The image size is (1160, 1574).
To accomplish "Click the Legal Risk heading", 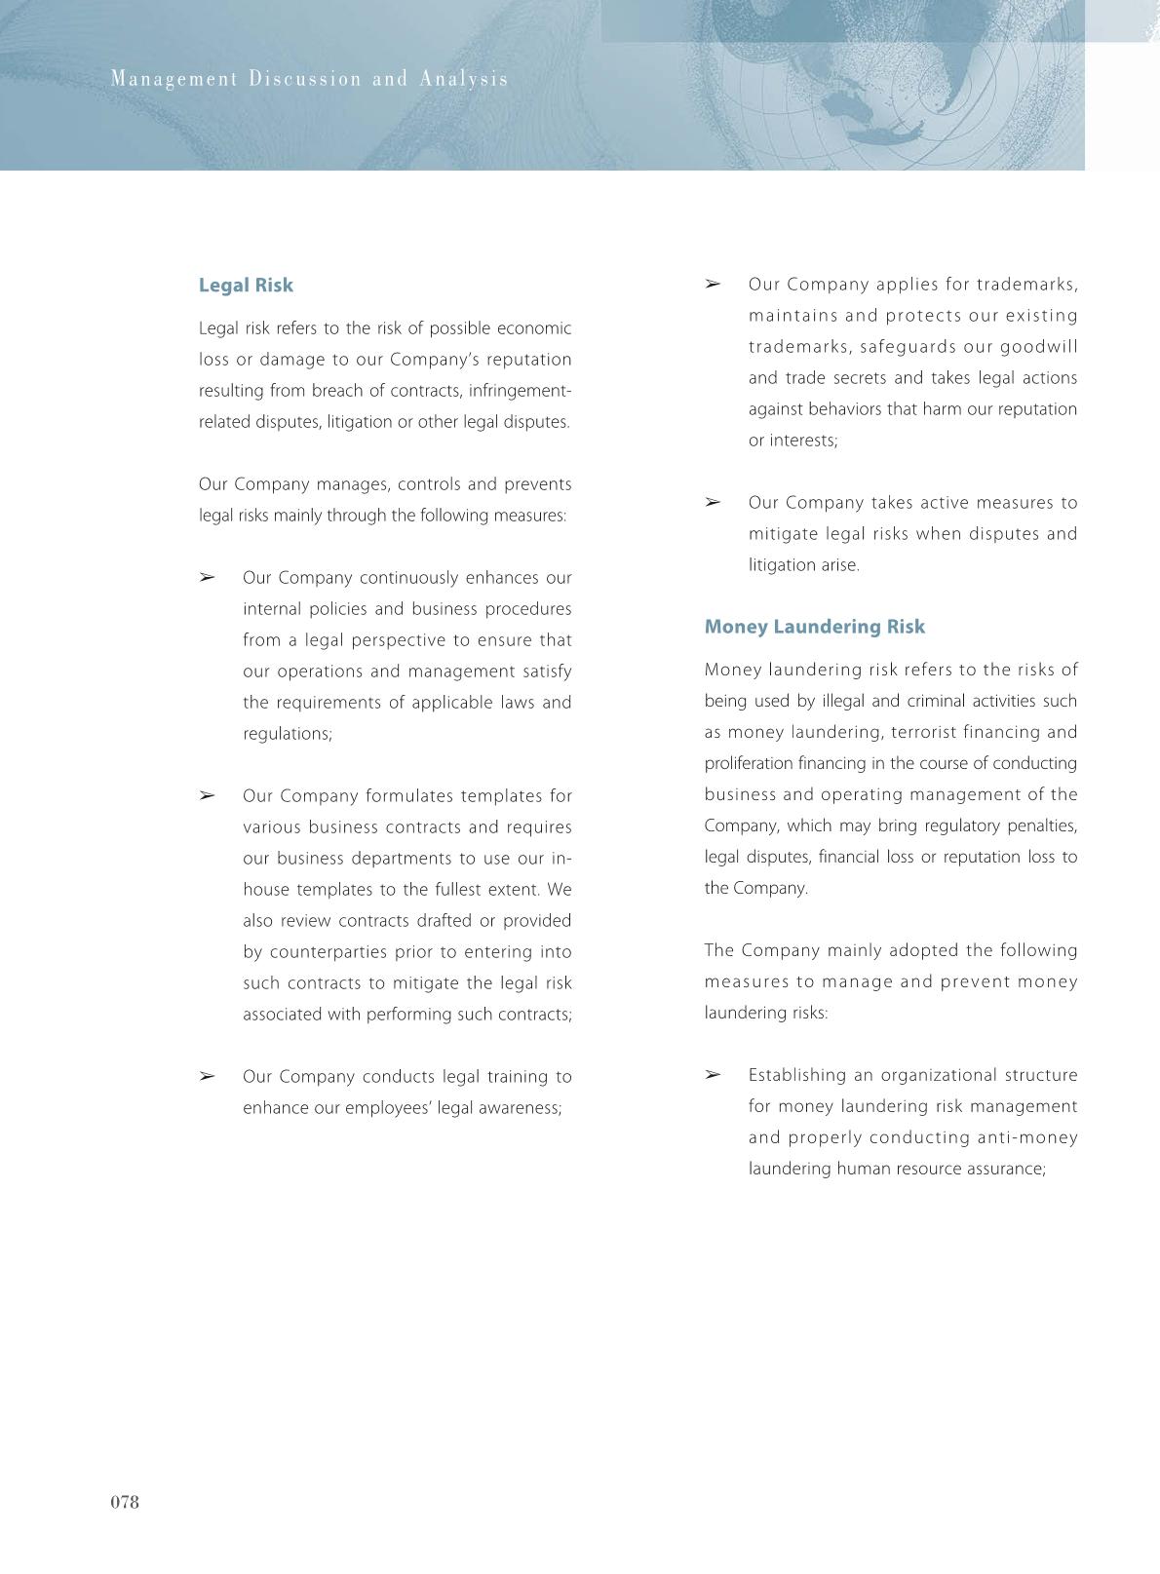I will coord(246,286).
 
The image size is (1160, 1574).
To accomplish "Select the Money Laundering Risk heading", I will coord(814,627).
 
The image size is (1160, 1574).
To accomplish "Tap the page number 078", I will coord(125,1502).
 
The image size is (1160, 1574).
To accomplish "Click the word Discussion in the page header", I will coord(305,79).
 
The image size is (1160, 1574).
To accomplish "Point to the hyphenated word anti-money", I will coord(1027,1137).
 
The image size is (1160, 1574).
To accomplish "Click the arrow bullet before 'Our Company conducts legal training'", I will coord(207,1076).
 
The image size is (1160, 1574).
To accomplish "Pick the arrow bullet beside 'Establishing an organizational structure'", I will coord(713,1075).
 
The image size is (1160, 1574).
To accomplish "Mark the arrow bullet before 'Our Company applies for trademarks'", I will coord(713,285).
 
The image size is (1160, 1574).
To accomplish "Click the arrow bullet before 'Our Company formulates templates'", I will coord(207,795).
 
